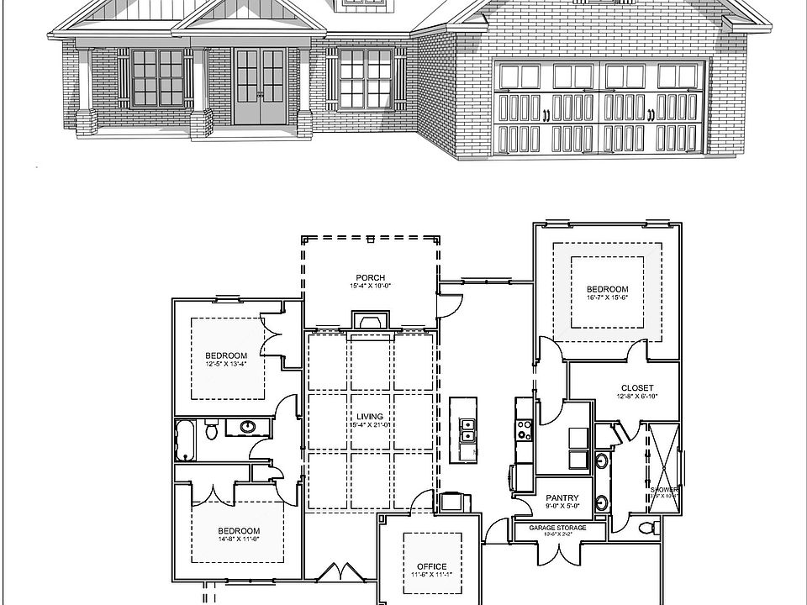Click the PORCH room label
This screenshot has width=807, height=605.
(370, 278)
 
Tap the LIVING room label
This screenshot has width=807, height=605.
(370, 417)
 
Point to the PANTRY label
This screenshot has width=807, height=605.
(560, 497)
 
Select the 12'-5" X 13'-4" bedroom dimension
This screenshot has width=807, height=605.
(227, 365)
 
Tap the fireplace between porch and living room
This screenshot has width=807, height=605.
(370, 322)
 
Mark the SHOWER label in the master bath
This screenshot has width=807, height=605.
(663, 489)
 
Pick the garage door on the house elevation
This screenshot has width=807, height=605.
(602, 107)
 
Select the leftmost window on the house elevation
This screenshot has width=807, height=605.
(156, 77)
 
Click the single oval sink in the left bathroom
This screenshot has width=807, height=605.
(249, 428)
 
